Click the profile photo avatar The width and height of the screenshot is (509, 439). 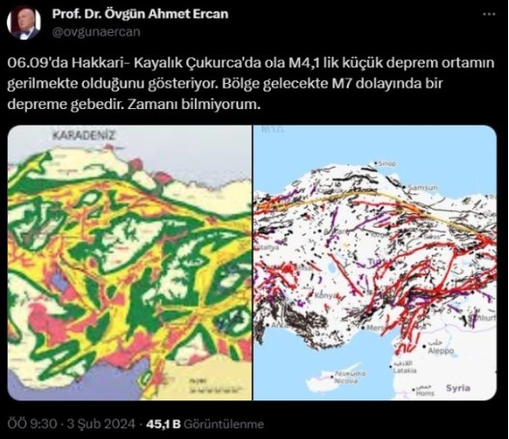(24, 24)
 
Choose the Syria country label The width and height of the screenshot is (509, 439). (460, 388)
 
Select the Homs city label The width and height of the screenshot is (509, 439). (424, 393)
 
